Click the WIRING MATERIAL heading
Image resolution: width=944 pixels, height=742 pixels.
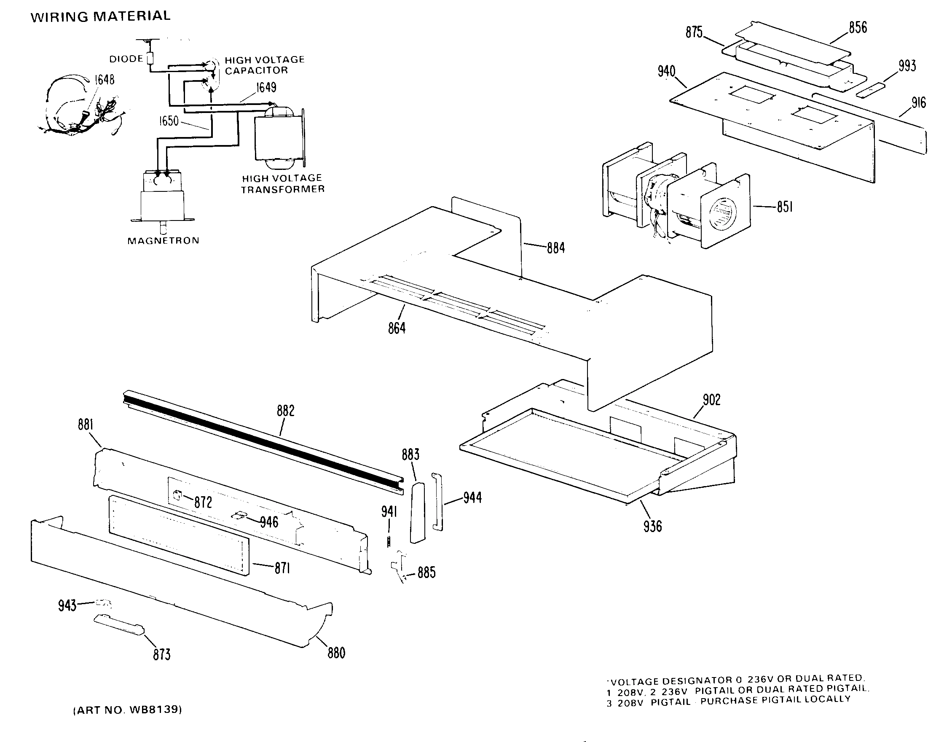(100, 16)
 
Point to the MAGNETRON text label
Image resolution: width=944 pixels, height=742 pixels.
(163, 241)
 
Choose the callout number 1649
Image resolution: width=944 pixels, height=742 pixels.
(266, 88)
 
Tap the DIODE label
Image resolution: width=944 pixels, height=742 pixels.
(126, 59)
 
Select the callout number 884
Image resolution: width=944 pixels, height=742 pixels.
(555, 248)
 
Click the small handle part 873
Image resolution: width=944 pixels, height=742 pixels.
(118, 625)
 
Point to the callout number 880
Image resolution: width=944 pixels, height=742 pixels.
(336, 653)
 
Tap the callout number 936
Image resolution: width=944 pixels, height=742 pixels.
(652, 526)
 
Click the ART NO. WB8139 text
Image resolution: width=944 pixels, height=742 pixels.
(127, 710)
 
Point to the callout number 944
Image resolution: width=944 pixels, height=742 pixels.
(472, 497)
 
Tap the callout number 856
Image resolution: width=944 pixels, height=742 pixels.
(858, 27)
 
